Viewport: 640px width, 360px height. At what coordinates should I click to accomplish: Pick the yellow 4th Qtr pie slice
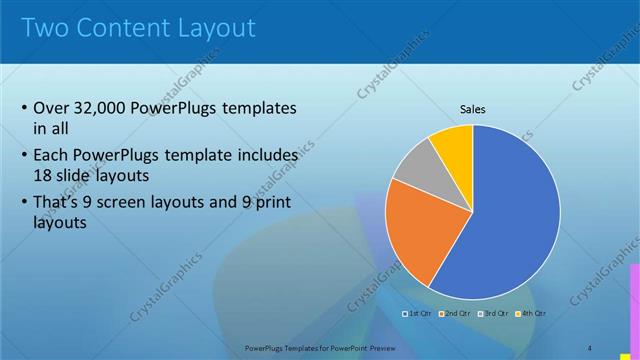(453, 145)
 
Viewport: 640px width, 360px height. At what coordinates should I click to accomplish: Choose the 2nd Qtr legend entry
(456, 314)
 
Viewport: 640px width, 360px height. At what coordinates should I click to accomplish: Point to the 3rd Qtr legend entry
(495, 314)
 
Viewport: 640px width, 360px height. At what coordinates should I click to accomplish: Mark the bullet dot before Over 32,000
(24, 109)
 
